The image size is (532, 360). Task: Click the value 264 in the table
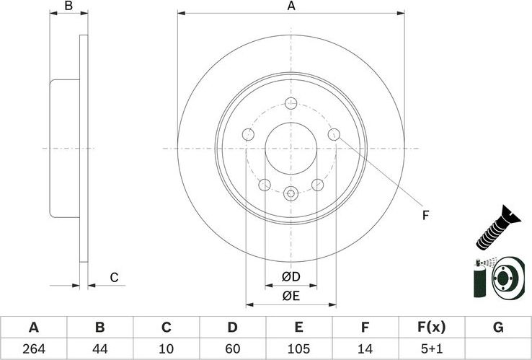tap(33, 349)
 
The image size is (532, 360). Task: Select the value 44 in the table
tap(99, 349)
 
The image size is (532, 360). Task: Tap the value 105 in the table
tap(298, 349)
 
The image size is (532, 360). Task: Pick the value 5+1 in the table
tap(431, 349)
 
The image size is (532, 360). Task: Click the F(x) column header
tap(431, 328)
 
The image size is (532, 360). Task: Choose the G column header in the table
tap(497, 328)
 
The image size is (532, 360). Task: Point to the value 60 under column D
tap(232, 349)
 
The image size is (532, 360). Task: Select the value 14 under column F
tap(365, 349)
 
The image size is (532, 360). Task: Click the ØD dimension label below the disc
tap(291, 277)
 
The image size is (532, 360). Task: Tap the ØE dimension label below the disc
tap(291, 294)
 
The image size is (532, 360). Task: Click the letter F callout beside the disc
tap(425, 215)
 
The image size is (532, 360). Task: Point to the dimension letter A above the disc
tap(291, 6)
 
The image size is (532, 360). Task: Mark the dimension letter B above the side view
tap(68, 6)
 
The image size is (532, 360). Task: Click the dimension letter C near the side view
tap(113, 277)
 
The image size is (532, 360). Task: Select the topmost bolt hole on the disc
tap(291, 102)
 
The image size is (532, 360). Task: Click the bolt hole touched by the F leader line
tap(334, 134)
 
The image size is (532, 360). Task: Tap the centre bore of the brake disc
tap(291, 149)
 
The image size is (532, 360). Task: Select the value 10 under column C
tap(166, 349)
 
